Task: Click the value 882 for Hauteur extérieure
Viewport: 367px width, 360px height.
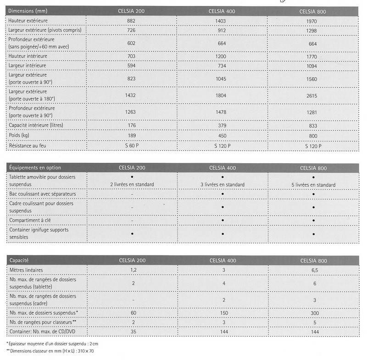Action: click(131, 21)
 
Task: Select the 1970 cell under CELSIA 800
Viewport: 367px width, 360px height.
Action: click(313, 21)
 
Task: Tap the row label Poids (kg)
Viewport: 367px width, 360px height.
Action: click(19, 136)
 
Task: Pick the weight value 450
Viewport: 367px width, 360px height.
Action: click(222, 136)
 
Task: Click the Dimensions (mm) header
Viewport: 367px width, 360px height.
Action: click(28, 11)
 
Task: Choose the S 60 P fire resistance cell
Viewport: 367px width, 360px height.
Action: click(131, 146)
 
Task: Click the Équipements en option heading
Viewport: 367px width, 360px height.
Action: click(35, 168)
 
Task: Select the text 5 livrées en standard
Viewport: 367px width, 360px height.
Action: click(313, 185)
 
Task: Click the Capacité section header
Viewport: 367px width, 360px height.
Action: click(20, 260)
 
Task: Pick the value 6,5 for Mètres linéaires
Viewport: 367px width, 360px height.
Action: click(314, 270)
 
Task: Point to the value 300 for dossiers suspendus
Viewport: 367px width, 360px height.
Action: click(314, 312)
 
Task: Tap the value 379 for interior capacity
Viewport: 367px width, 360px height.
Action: click(222, 125)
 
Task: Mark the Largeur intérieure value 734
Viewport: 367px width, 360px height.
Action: click(222, 66)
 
